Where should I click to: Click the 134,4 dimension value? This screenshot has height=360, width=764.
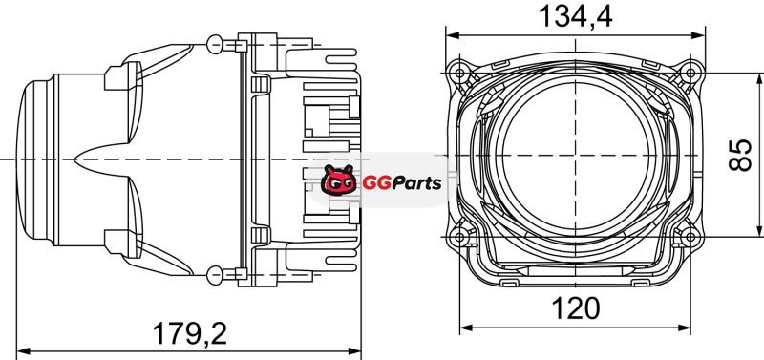click(575, 16)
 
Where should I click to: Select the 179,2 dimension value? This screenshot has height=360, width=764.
click(190, 333)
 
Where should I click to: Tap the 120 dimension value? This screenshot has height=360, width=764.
click(576, 308)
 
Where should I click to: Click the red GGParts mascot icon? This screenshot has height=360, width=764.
click(339, 180)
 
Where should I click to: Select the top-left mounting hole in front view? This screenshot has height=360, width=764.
click(459, 74)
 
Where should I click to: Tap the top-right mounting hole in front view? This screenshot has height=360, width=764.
click(690, 74)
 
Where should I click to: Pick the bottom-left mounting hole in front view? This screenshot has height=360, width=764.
click(459, 237)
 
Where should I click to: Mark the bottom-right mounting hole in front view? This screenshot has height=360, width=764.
click(690, 237)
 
